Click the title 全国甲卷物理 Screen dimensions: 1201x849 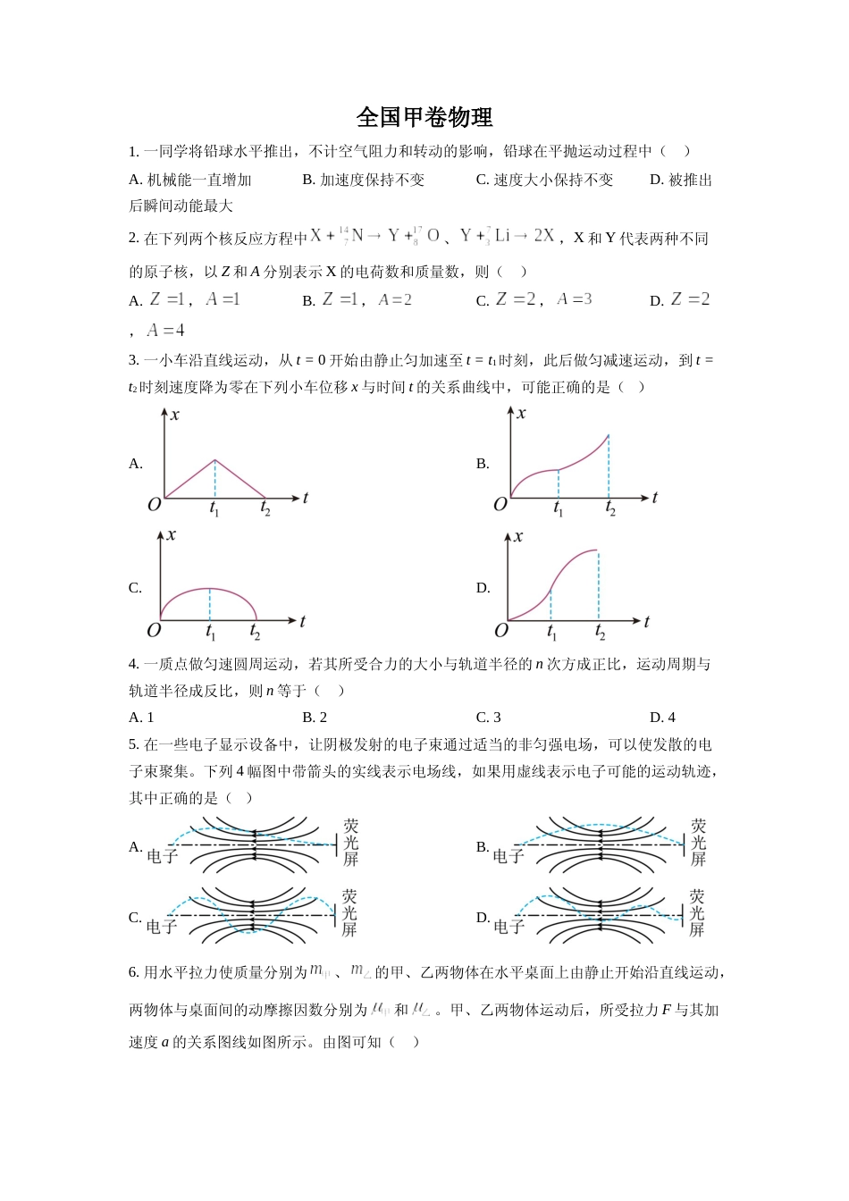424,117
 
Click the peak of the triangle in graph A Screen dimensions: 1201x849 214,460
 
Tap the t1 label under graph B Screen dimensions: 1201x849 559,509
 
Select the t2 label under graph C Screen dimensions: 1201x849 256,633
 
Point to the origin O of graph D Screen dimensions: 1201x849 500,631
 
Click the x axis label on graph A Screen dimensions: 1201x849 175,415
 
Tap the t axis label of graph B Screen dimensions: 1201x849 655,498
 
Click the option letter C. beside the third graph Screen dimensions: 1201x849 136,588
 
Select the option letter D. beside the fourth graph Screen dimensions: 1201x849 483,588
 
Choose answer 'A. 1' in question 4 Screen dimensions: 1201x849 141,717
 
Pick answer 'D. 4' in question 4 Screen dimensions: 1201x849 662,717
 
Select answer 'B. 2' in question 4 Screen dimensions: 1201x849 315,717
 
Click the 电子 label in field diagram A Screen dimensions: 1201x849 162,856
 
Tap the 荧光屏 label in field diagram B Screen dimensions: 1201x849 698,843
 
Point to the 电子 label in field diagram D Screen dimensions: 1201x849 509,927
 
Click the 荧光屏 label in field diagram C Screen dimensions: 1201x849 349,912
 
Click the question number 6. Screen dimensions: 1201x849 134,972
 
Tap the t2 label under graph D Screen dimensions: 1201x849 600,633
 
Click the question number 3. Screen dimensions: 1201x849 134,360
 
